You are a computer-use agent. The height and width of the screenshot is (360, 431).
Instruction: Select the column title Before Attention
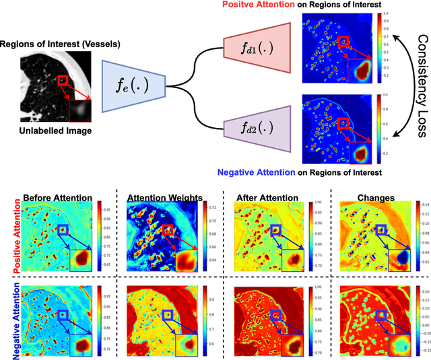coord(57,197)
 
